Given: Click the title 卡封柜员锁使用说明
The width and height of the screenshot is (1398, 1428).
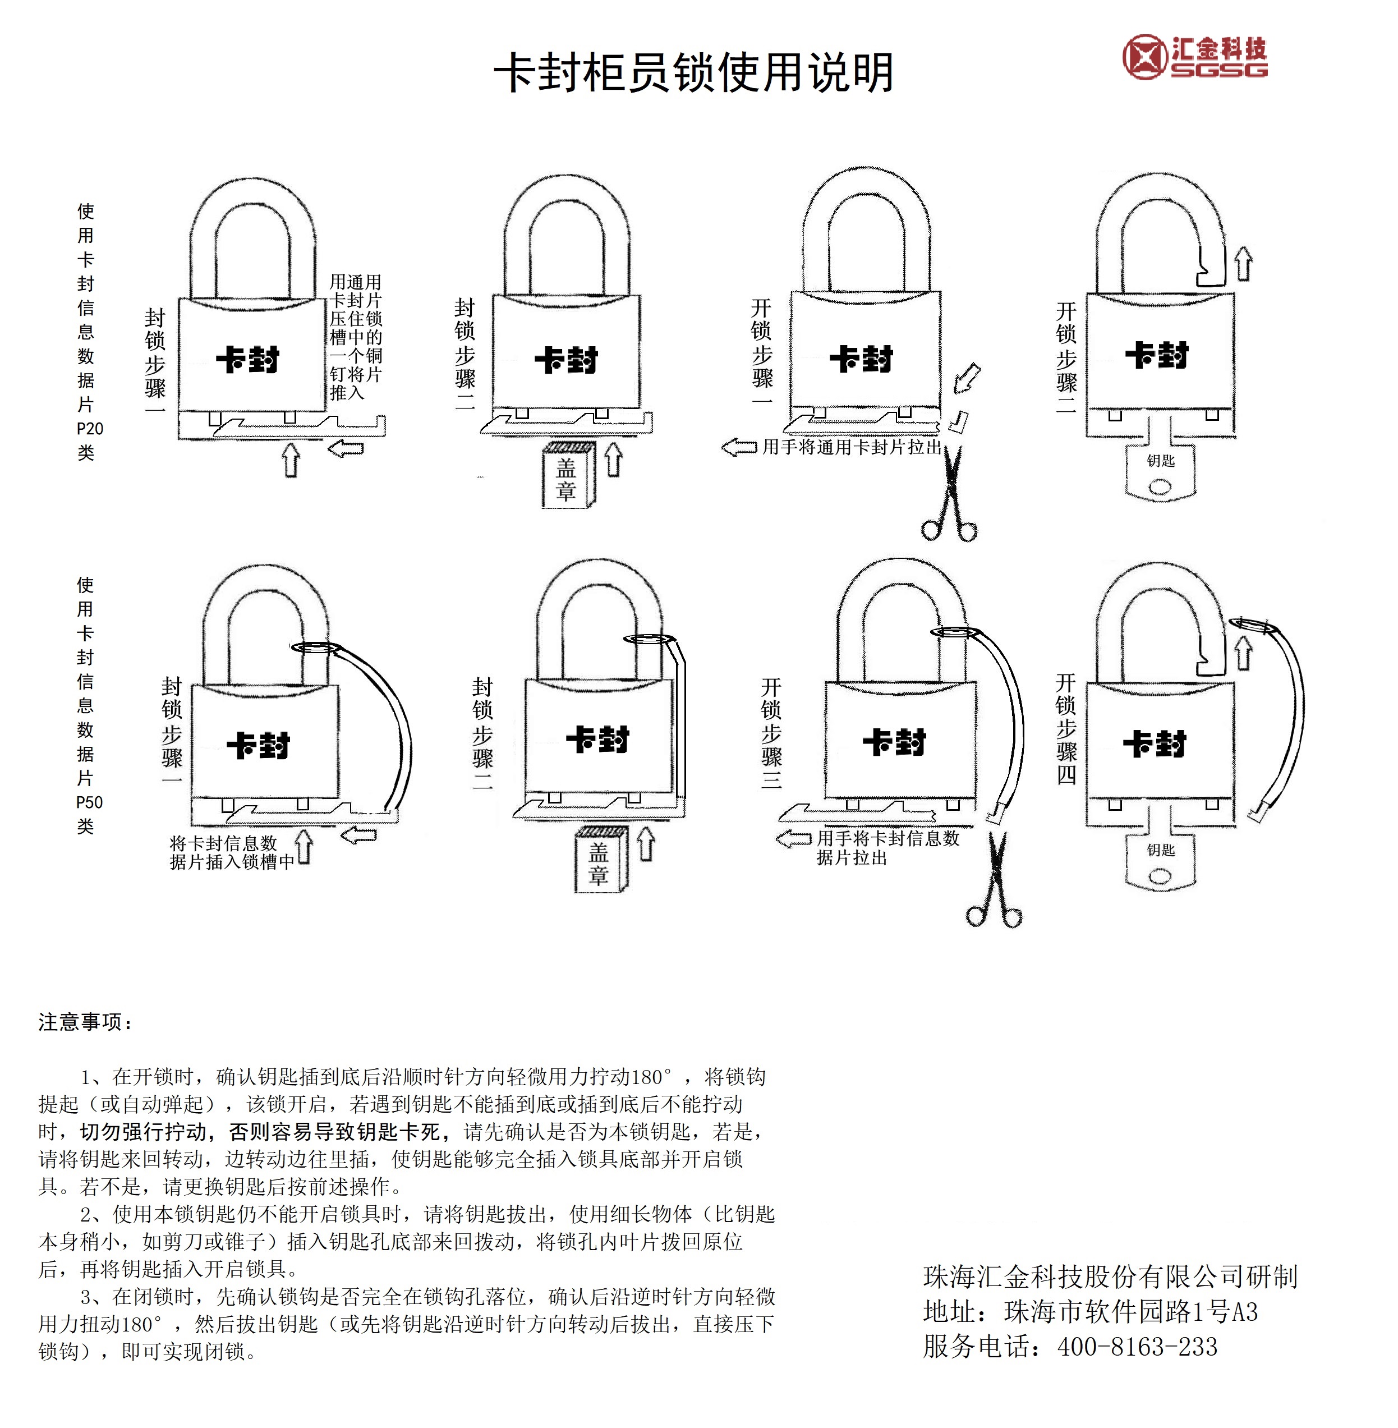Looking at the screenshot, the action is coord(693,73).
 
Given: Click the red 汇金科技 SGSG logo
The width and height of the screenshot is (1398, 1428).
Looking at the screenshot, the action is coord(1194,57).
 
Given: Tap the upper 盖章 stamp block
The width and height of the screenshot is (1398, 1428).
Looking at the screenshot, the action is coord(568,475).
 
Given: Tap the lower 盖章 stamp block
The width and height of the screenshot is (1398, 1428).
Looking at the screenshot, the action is coord(600,860).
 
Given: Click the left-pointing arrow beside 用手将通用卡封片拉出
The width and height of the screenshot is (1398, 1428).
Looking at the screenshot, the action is coord(739,447).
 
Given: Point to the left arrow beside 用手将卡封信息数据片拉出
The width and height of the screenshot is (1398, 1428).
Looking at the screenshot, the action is coord(794,838).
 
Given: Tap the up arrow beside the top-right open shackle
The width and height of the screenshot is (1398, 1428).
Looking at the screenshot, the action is coord(1243,264).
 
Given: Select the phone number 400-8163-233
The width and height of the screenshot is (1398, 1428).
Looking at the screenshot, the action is coord(1137,1347).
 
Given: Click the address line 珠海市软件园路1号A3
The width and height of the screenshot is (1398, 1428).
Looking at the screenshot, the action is coord(1131,1311).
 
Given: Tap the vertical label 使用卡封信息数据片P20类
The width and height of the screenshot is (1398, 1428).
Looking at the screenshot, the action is coord(88,332).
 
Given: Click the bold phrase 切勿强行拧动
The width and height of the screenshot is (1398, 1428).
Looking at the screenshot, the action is coord(143,1131).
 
